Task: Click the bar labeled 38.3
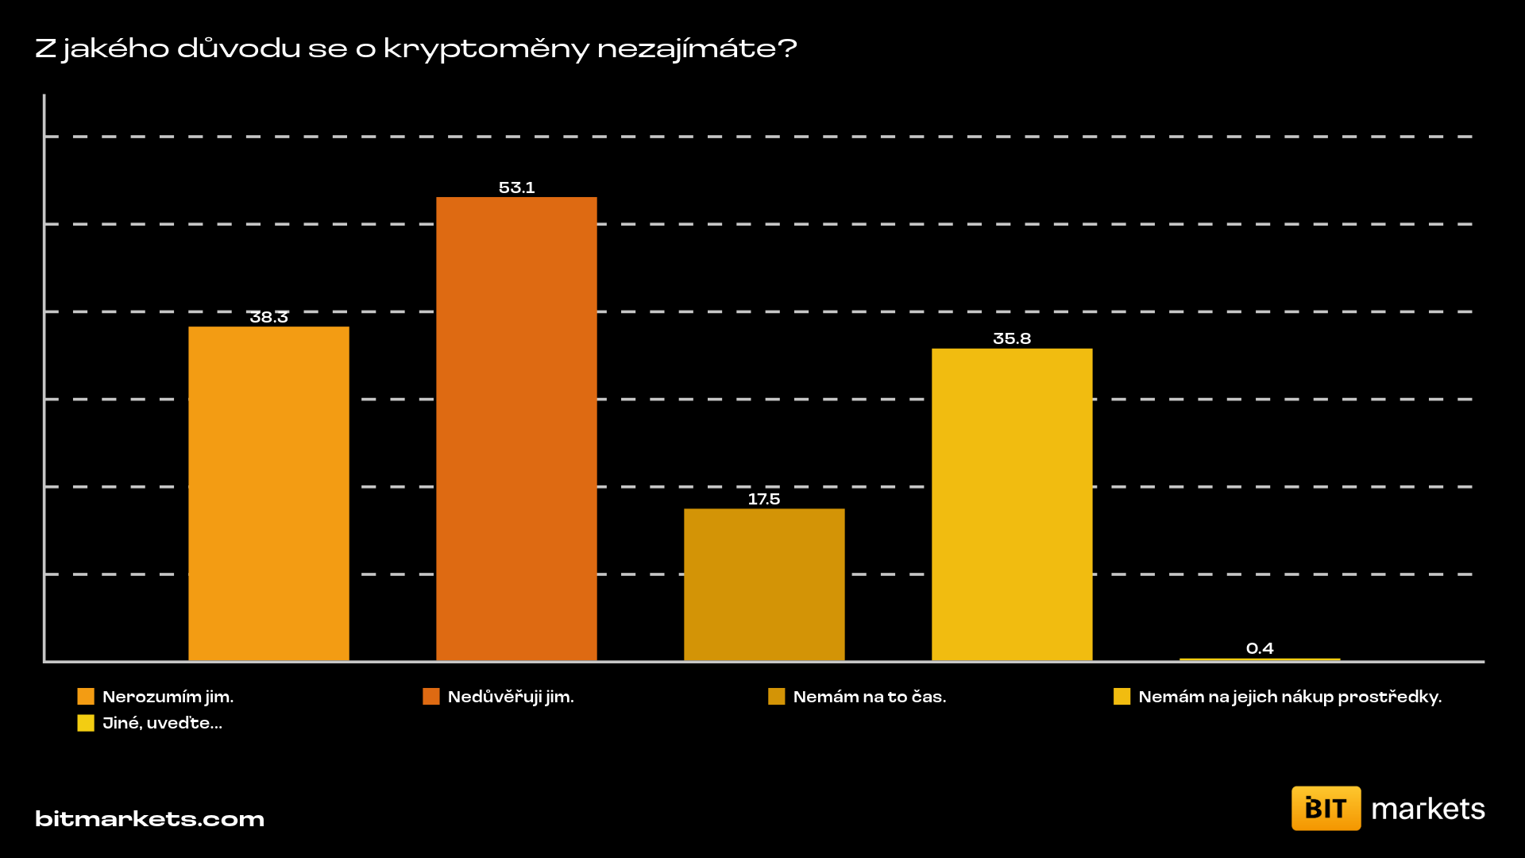268,493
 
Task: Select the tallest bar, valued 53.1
516,429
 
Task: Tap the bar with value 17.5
764,584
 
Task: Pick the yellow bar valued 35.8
1012,504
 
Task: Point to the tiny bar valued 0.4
1260,659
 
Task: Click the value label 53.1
516,187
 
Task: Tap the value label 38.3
268,317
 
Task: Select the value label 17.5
764,499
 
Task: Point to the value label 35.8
1012,338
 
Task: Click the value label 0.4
1260,648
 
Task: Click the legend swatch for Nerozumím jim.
86,697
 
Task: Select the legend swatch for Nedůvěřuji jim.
431,697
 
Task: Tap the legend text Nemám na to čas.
870,697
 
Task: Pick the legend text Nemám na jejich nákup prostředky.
1290,697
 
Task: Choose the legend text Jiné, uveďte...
162,723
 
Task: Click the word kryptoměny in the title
486,49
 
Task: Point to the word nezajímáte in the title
696,49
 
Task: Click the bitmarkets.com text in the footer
149,819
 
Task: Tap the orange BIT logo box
1326,808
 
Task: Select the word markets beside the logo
1428,809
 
